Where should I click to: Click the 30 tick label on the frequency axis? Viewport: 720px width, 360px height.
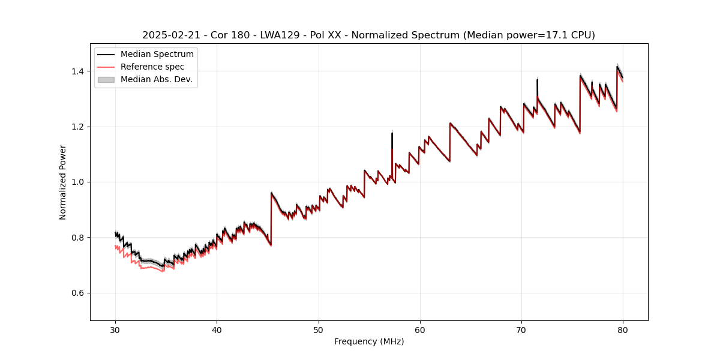coord(115,329)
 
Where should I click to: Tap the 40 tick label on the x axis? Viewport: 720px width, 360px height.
coord(217,329)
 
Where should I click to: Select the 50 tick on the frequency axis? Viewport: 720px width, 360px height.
coord(319,329)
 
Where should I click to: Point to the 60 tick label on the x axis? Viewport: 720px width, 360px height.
coord(420,329)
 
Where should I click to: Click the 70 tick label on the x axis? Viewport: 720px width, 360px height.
coord(521,329)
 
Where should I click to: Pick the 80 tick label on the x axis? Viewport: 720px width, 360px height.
coord(623,329)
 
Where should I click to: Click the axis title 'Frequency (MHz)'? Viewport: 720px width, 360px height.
coord(369,341)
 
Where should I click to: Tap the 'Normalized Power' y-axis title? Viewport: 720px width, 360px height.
coord(63,182)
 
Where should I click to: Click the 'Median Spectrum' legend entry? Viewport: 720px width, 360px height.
coord(157,55)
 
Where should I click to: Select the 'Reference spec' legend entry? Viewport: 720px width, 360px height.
coord(152,67)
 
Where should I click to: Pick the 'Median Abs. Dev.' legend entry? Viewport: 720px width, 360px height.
coord(156,79)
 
